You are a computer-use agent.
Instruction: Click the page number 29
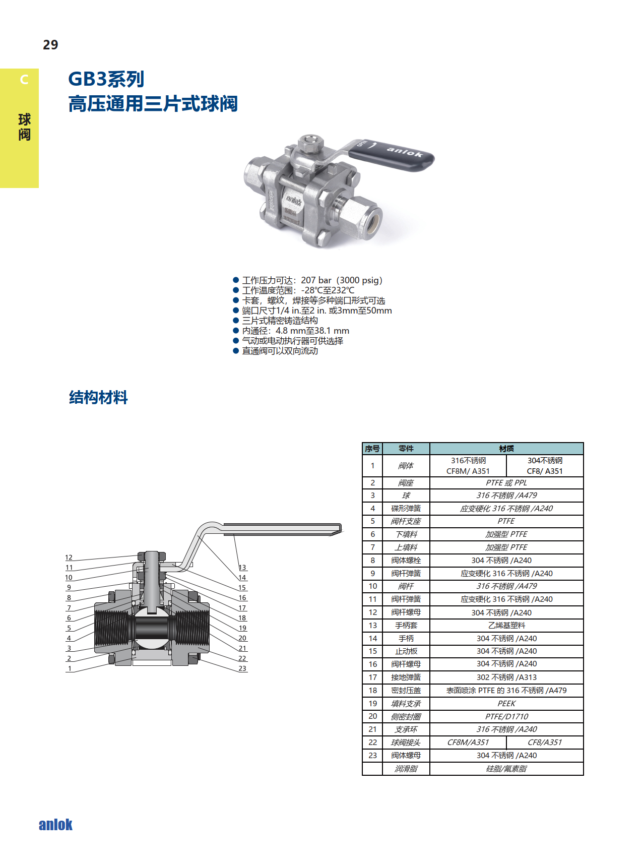click(50, 45)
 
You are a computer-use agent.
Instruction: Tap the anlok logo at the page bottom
click(55, 825)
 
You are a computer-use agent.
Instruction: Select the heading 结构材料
click(98, 397)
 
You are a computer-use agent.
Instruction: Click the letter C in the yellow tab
click(24, 80)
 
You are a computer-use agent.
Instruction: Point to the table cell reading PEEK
click(506, 703)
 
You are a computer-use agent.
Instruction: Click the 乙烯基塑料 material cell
click(506, 625)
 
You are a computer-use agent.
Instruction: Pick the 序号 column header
click(372, 449)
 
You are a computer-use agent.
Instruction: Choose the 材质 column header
click(506, 449)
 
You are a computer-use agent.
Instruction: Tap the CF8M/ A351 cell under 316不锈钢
click(468, 471)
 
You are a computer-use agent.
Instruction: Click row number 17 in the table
click(373, 677)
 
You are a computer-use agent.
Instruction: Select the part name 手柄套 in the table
click(406, 625)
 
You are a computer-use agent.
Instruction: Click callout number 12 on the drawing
click(69, 558)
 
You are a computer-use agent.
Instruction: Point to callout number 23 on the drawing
click(242, 668)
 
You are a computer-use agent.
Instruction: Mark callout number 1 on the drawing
click(70, 668)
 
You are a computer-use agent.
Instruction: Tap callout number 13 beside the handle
click(242, 568)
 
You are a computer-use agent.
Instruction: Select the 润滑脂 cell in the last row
click(406, 769)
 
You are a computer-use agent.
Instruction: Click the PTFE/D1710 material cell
click(506, 716)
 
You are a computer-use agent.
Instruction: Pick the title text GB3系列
click(106, 79)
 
